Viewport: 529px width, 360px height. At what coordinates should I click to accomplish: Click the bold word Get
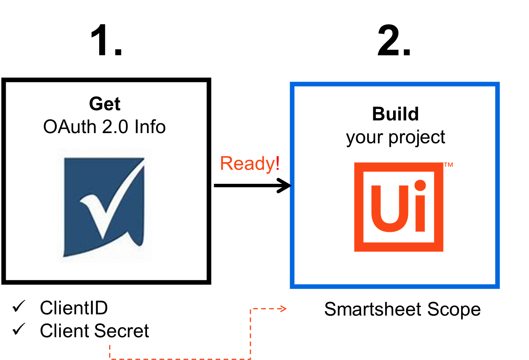(x=105, y=104)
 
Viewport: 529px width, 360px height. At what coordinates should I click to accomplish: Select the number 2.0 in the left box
(x=115, y=127)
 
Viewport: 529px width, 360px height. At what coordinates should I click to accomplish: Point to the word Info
(x=150, y=127)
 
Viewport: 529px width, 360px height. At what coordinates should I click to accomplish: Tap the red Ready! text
(x=250, y=164)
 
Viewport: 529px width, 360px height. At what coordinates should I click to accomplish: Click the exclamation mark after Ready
(x=277, y=163)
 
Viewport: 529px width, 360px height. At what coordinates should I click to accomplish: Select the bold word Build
(x=395, y=114)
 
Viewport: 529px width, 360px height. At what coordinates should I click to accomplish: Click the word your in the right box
(x=364, y=138)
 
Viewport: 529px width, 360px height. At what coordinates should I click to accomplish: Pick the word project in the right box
(x=417, y=138)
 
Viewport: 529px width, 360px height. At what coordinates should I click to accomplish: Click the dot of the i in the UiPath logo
(x=420, y=186)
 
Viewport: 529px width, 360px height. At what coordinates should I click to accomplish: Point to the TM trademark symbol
(x=448, y=165)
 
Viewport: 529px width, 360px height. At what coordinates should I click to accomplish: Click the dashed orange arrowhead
(x=284, y=309)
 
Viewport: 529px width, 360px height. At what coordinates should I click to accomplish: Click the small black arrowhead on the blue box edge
(x=291, y=186)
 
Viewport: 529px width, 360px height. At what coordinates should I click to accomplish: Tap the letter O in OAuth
(x=50, y=127)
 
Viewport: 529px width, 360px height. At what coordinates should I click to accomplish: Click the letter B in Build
(x=379, y=114)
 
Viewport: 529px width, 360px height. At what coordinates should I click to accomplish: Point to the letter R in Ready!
(x=227, y=164)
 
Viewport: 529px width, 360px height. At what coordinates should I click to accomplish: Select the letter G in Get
(x=96, y=104)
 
